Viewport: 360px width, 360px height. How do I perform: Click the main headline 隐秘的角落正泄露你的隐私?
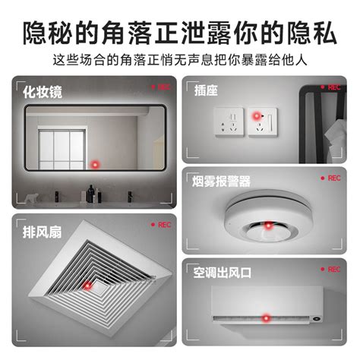click(180, 33)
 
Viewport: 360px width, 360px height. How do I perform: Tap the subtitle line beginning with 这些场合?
click(180, 59)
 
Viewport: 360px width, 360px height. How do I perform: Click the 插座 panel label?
click(207, 90)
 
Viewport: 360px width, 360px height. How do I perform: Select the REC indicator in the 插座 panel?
click(331, 87)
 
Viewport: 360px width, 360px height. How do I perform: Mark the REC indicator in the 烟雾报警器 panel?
click(331, 178)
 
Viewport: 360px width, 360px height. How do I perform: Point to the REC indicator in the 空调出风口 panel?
click(331, 269)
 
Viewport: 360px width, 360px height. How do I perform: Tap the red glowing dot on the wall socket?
click(257, 118)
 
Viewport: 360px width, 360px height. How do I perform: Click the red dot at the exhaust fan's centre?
click(88, 286)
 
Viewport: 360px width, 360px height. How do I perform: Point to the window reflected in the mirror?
click(58, 144)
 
